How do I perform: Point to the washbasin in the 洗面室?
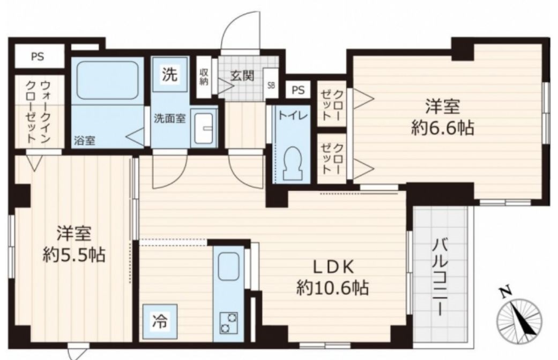click(204, 128)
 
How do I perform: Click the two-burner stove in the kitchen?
click(229, 322)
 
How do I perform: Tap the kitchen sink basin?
click(228, 266)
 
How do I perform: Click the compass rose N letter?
click(505, 292)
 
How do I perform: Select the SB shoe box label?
click(271, 86)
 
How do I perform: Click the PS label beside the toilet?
click(298, 91)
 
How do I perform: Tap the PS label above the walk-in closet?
click(38, 57)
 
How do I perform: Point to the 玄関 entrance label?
click(242, 76)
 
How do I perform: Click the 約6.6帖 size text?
click(442, 127)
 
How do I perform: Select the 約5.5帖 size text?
click(74, 254)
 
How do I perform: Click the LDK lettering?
click(333, 267)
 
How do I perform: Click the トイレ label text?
click(293, 116)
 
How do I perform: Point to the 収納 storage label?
click(204, 77)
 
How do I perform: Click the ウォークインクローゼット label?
click(39, 111)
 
